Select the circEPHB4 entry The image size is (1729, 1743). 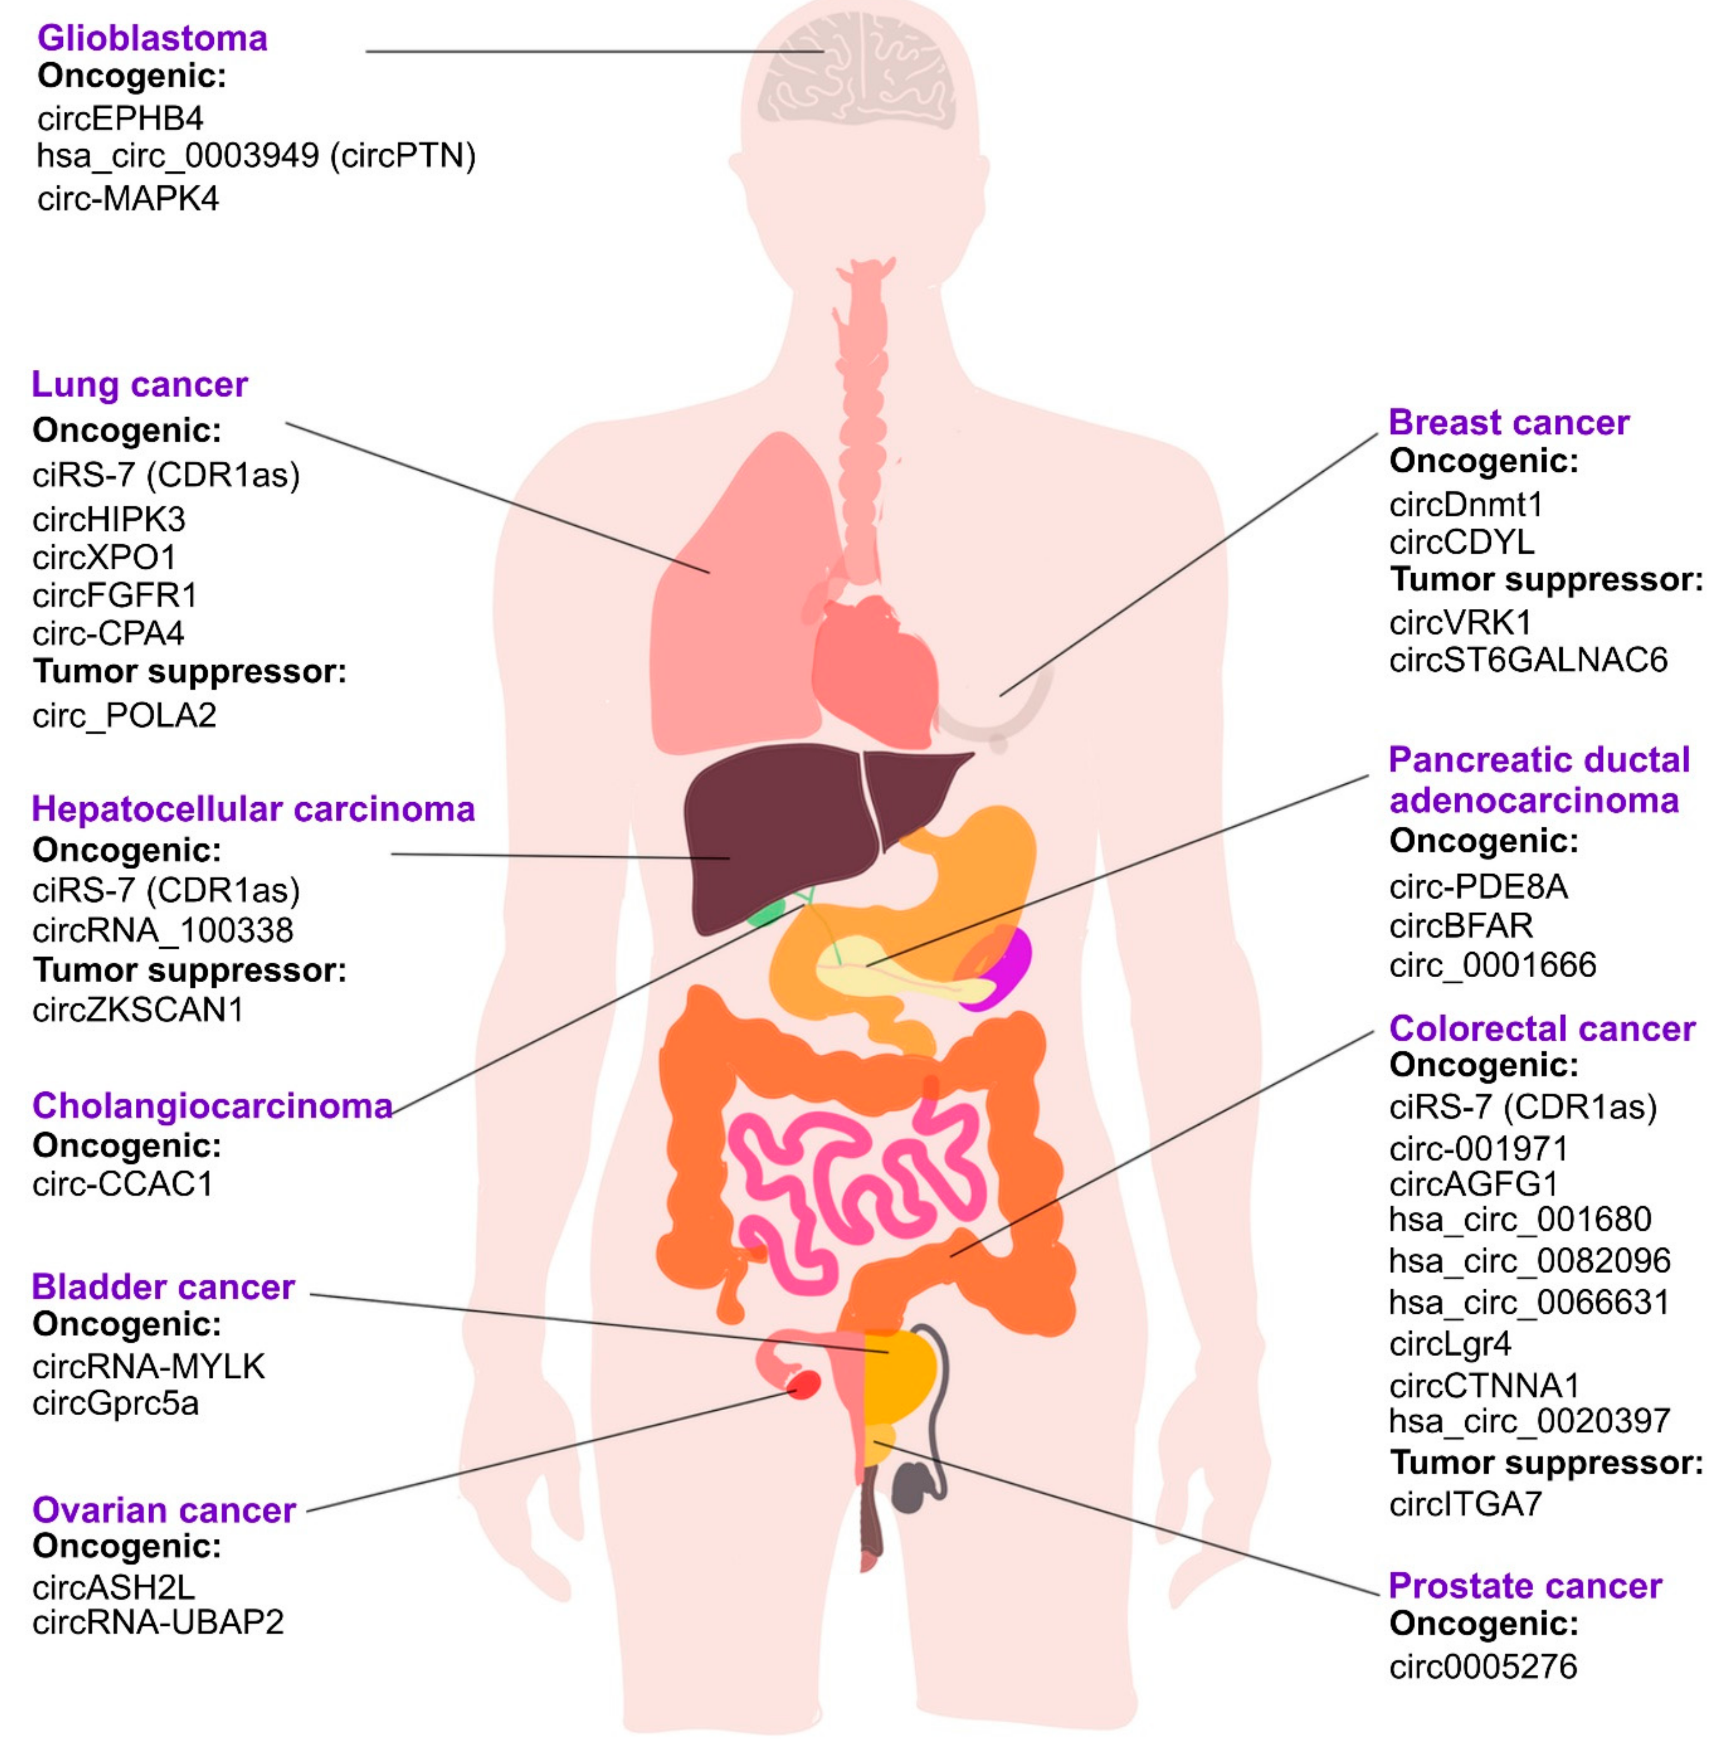[x=120, y=118]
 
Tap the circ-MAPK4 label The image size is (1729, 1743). [x=128, y=198]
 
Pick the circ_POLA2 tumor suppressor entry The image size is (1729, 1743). [x=125, y=715]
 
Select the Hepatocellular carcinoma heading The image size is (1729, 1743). [x=253, y=809]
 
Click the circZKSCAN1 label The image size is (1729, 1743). [x=137, y=1010]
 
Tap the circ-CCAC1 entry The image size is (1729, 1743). [x=123, y=1184]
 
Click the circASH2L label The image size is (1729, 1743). [x=113, y=1586]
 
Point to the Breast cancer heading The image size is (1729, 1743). [x=1508, y=422]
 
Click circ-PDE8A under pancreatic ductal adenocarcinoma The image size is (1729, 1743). [x=1478, y=887]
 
